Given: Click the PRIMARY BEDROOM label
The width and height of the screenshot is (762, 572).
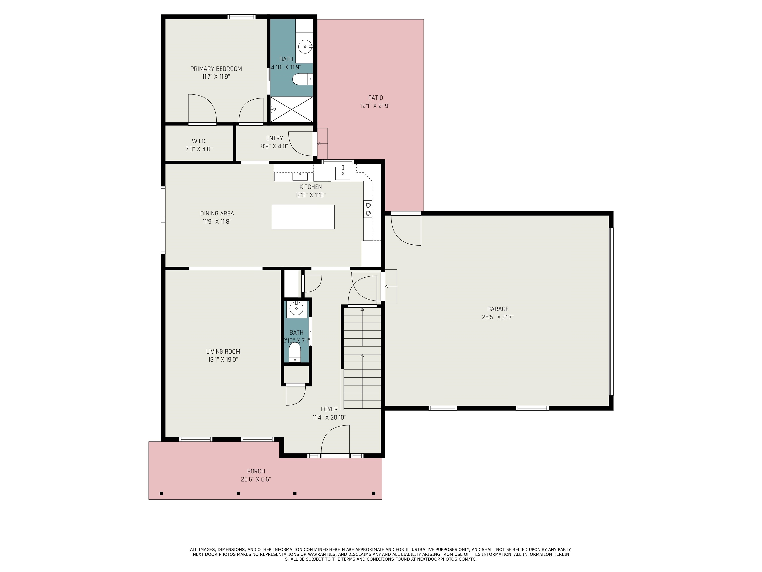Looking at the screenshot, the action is coord(216,69).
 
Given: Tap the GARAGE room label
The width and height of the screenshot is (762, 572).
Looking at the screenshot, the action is coord(498,309).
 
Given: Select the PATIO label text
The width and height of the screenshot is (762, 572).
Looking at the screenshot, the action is coord(376,98).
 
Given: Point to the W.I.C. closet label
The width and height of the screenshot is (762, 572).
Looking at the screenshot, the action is coord(199,141).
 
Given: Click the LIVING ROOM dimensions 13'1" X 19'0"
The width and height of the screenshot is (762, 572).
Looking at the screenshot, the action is coord(223,360).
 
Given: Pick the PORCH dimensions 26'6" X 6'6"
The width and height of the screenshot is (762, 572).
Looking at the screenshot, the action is coord(256,479).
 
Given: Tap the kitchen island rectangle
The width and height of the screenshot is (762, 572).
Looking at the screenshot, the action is coord(303,217).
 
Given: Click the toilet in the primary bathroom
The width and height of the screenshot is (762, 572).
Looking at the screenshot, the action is coord(302,79).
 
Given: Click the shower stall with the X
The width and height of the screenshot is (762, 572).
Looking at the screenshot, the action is coord(291,109).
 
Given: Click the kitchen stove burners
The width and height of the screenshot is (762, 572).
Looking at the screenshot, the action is coord(368,209).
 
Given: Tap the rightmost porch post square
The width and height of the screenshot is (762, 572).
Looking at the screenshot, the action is coord(373,493).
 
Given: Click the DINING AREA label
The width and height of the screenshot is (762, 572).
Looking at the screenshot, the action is coord(217,214).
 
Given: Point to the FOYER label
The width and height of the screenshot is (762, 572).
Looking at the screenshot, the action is coord(329,409).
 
